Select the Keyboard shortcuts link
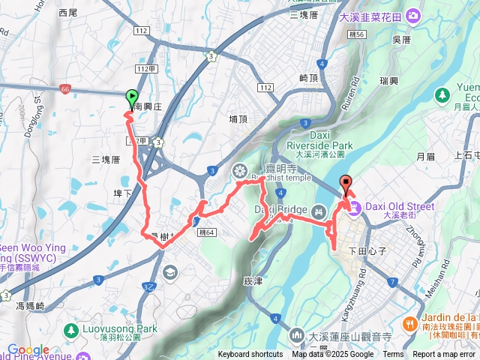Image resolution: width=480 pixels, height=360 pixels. coord(250,355)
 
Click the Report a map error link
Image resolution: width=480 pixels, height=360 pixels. coord(444,355)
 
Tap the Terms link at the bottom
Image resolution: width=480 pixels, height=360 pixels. coord(393,355)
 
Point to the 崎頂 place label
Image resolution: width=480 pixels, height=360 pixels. coord(309,78)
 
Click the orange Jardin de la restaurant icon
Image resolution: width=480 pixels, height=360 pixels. coord(409,323)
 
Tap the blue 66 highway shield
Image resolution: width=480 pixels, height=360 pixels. coord(66,88)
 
